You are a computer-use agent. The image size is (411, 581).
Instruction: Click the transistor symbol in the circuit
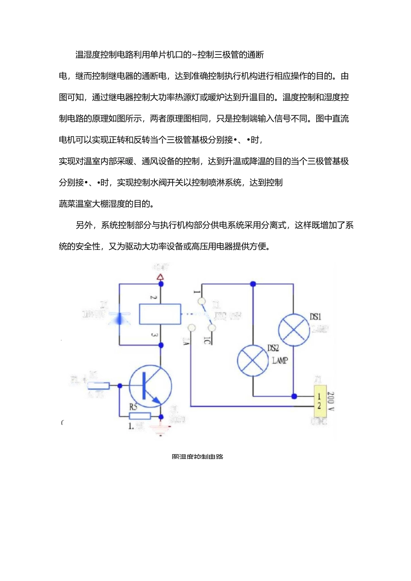[x=151, y=386]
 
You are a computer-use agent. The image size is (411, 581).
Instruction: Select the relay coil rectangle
[x=160, y=314]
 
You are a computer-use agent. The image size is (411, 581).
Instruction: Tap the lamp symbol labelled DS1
[x=293, y=330]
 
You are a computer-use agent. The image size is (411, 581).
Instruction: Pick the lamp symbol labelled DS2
[x=253, y=361]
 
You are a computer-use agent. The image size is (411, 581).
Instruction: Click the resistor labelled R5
[x=140, y=416]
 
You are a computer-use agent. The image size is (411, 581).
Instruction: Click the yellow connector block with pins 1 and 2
[x=319, y=401]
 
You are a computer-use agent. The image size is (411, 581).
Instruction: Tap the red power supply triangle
[x=161, y=277]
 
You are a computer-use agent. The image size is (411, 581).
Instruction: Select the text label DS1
[x=315, y=317]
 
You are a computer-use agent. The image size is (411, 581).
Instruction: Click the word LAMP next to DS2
[x=279, y=360]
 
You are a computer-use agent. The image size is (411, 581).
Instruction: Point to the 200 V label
[x=331, y=401]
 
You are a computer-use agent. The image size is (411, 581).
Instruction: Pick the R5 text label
[x=133, y=407]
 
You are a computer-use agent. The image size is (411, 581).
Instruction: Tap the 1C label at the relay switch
[x=207, y=340]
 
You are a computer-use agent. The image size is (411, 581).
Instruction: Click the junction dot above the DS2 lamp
[x=253, y=284]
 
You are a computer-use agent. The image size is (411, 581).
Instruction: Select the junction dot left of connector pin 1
[x=294, y=396]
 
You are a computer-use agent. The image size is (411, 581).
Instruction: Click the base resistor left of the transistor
[x=98, y=386]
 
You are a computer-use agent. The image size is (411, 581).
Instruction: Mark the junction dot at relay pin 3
[x=161, y=345]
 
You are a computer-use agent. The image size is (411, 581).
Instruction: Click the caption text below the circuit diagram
[x=197, y=456]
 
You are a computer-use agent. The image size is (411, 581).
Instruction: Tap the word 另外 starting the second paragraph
[x=84, y=225]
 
